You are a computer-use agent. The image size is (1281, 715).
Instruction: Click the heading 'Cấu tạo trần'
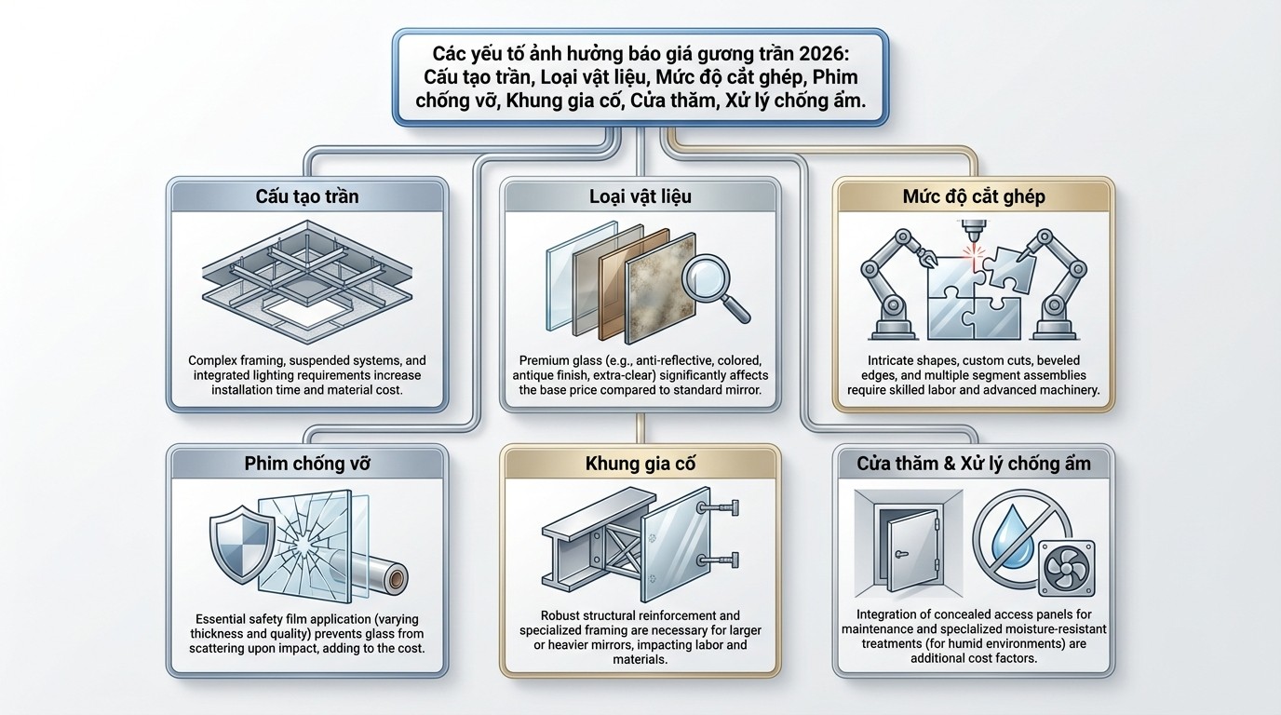[x=307, y=196]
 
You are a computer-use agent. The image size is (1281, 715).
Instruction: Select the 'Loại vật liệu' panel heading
[x=640, y=196]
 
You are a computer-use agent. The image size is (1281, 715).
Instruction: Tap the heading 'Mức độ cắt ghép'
[x=974, y=196]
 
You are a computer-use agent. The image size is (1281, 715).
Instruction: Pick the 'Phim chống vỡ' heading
[x=307, y=464]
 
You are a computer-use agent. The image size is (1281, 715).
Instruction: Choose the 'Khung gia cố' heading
[x=640, y=464]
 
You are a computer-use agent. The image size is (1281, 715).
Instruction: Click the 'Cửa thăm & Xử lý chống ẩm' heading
[x=974, y=464]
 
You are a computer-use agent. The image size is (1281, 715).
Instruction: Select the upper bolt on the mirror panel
[x=719, y=506]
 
